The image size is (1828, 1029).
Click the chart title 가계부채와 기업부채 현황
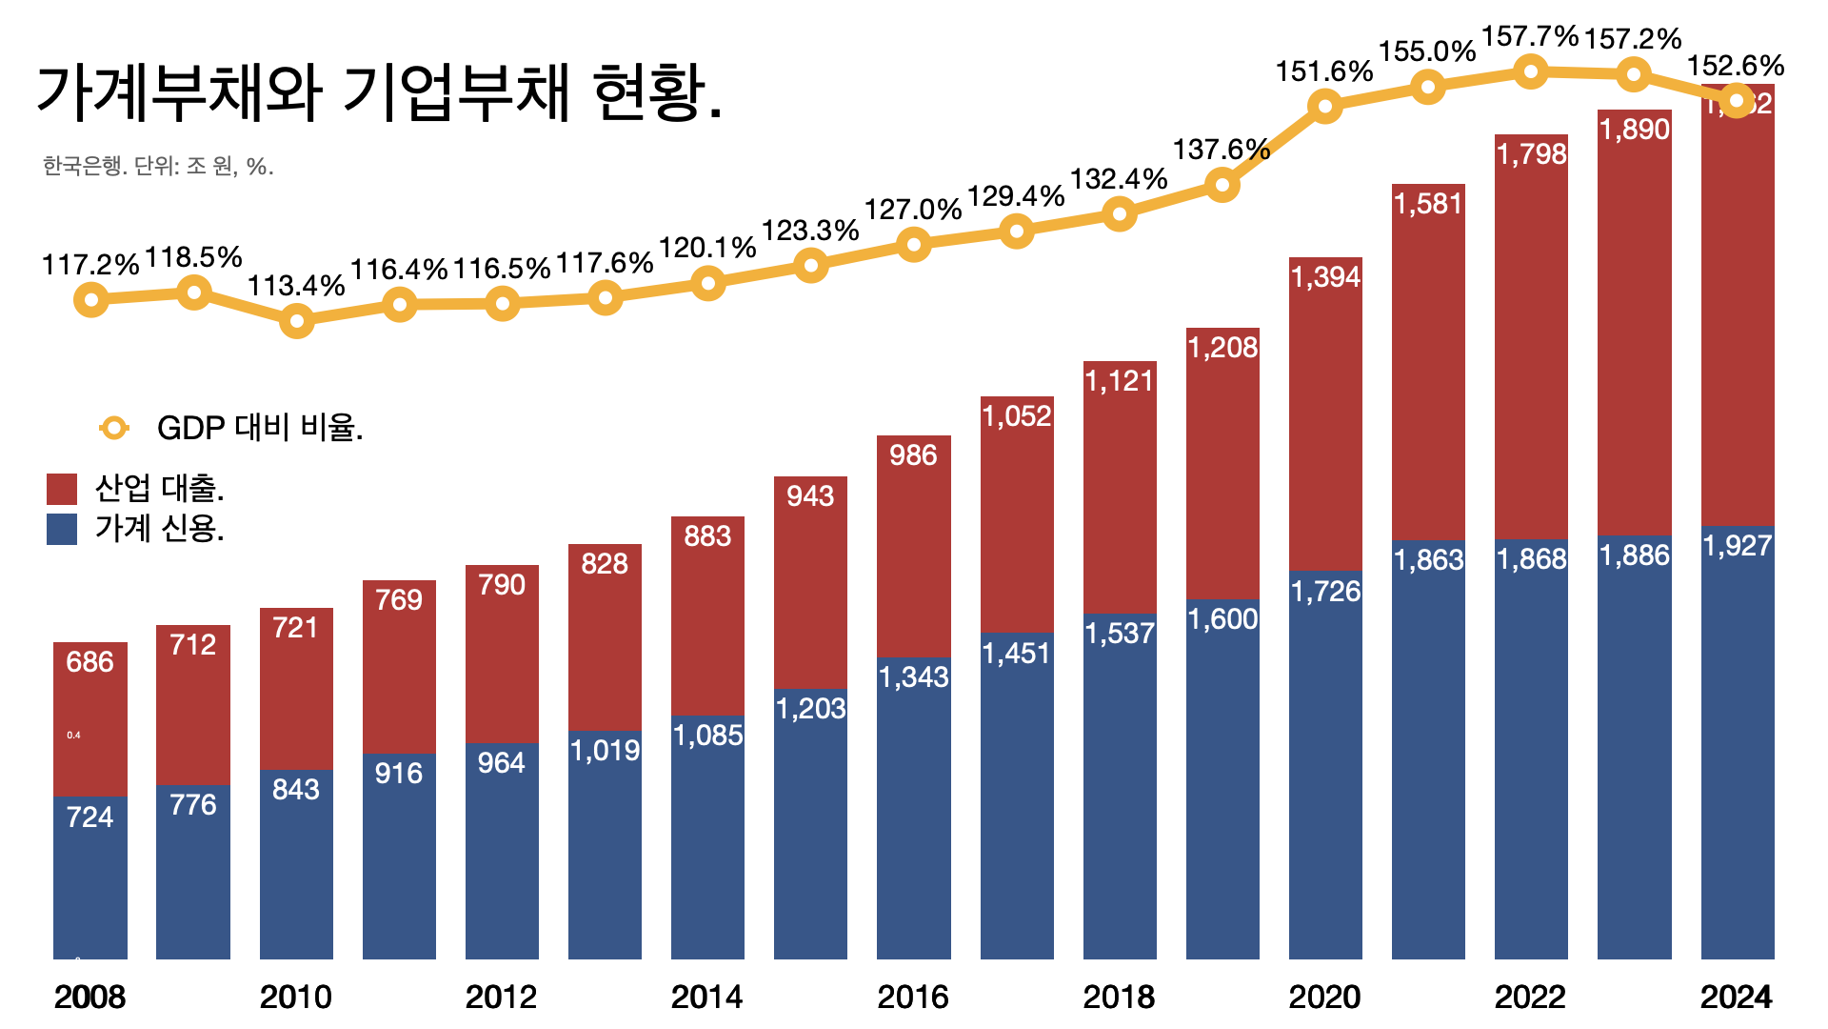tap(379, 93)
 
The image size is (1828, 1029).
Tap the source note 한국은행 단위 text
tap(158, 167)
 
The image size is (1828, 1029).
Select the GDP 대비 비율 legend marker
tap(114, 428)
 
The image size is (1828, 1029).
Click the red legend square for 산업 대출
tap(62, 489)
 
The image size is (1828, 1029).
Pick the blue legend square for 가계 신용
tap(62, 529)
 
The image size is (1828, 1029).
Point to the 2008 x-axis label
tap(89, 997)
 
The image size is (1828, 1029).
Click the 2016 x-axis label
tap(913, 997)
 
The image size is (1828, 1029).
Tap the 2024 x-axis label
tap(1737, 997)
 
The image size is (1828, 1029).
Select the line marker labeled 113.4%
tap(297, 321)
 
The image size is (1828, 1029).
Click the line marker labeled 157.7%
tap(1531, 71)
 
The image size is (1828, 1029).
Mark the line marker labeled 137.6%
tap(1222, 185)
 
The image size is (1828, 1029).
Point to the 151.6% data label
tap(1324, 71)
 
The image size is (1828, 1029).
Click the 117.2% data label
tap(90, 265)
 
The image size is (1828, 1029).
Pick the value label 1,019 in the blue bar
tap(605, 751)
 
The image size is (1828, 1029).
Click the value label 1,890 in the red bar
tap(1635, 130)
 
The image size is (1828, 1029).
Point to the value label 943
tap(810, 495)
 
